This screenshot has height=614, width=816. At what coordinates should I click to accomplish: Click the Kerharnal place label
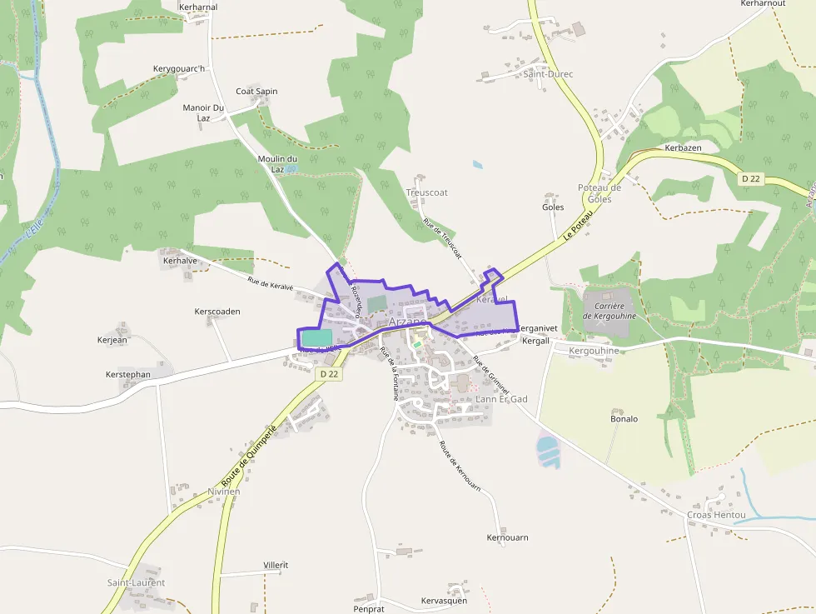tap(198, 7)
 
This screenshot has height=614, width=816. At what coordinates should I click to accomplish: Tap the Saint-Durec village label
tap(548, 74)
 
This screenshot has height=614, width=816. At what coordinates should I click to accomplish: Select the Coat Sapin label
tap(256, 92)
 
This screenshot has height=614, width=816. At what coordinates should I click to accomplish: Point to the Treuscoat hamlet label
tap(427, 192)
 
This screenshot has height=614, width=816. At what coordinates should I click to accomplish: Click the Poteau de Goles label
tap(600, 193)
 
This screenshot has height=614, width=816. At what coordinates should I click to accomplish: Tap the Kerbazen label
tap(683, 147)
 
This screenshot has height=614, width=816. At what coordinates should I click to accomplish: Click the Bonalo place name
tap(624, 419)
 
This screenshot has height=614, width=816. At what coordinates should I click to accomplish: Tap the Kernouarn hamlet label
tap(507, 538)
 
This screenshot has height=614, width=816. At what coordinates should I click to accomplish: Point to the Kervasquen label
tap(444, 601)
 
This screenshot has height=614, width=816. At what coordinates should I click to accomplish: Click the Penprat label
tap(369, 609)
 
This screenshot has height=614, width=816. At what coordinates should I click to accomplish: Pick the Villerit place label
tap(276, 565)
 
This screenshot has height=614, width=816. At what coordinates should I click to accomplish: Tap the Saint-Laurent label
tap(136, 583)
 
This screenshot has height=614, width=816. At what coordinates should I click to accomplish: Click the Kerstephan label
tap(128, 374)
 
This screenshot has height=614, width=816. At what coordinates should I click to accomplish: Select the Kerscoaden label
tap(216, 312)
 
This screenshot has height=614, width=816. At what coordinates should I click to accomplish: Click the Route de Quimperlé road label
tap(249, 457)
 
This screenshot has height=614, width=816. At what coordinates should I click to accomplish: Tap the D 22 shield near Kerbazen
tap(751, 178)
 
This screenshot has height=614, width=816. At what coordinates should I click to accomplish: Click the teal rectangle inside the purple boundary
tap(316, 337)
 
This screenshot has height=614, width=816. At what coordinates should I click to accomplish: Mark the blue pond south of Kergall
tap(549, 451)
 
